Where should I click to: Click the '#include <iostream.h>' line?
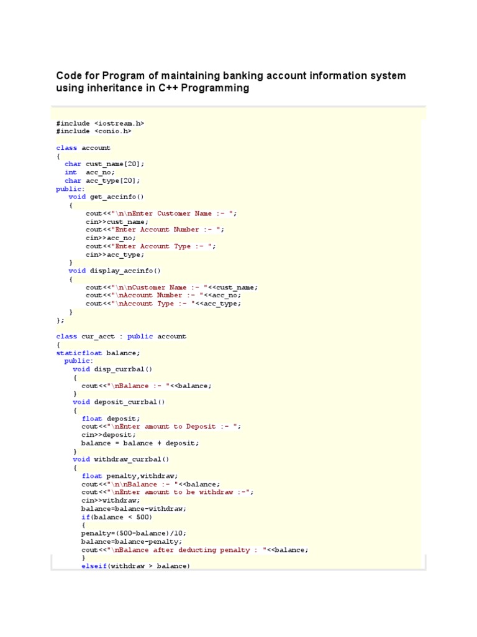[x=100, y=123]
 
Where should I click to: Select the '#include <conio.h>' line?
[x=94, y=131]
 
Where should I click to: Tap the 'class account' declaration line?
[x=83, y=148]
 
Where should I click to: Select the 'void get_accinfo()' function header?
[x=106, y=197]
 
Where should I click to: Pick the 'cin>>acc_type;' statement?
[x=115, y=254]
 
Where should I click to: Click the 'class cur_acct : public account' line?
[x=121, y=337]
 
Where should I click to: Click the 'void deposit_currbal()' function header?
[x=119, y=402]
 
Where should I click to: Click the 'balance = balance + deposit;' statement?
[x=140, y=443]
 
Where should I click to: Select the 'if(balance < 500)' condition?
[x=117, y=517]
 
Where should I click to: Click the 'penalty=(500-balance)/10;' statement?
[x=134, y=533]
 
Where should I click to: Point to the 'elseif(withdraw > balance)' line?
[x=135, y=566]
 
